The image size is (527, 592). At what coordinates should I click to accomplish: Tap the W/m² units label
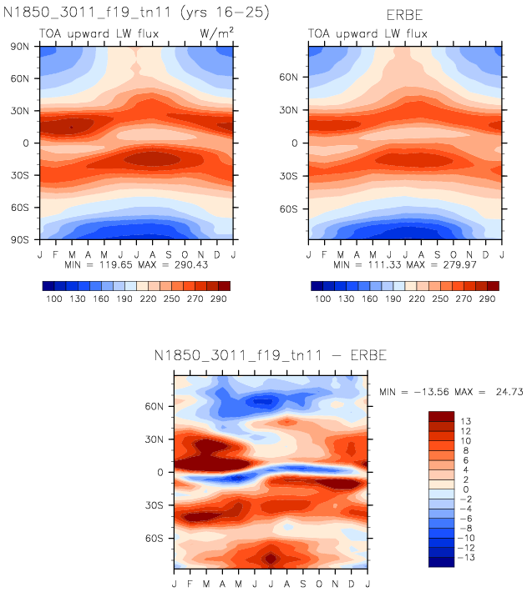(214, 33)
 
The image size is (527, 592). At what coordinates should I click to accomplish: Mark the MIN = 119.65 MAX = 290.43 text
(135, 264)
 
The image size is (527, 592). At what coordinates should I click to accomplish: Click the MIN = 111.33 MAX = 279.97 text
(405, 264)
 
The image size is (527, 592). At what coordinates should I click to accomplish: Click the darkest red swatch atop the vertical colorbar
(441, 415)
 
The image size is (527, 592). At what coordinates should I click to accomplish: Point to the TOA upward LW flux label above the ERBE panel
(367, 33)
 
